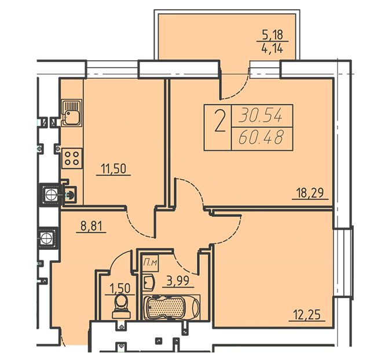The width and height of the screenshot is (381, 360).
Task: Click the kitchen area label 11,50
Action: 113,169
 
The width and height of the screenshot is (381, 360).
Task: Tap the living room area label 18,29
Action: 310,193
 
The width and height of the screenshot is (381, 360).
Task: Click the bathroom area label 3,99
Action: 178,281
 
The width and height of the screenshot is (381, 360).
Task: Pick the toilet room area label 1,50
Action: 120,289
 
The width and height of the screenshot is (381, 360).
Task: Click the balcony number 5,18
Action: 273,35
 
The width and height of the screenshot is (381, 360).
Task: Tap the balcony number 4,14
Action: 272,49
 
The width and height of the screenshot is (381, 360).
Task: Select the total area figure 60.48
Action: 261,137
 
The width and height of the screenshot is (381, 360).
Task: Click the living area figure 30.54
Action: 261,115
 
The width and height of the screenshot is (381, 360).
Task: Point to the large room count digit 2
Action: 219,121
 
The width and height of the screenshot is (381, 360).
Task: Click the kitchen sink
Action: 71,112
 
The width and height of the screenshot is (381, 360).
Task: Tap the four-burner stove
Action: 72,158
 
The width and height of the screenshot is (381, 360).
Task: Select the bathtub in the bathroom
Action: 171,307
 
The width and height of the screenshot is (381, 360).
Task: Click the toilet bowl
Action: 121,306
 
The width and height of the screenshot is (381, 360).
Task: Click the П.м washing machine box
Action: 151,263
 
